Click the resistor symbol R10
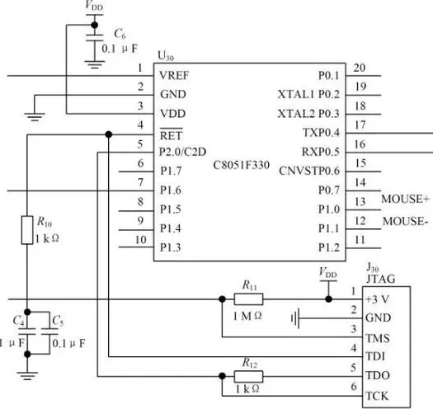click(27, 230)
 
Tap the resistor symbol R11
click(248, 299)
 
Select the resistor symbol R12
click(248, 376)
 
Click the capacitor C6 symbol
click(95, 38)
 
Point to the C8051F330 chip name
click(241, 165)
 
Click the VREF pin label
click(174, 75)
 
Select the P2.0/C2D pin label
click(182, 152)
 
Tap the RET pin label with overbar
click(172, 134)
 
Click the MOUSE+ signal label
click(405, 199)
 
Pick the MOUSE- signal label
click(405, 221)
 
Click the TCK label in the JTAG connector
click(377, 396)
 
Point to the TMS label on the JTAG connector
click(377, 338)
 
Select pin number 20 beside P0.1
click(360, 68)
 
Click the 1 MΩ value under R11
click(247, 316)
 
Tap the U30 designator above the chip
click(166, 56)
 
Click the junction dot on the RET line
click(109, 134)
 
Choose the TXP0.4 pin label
click(321, 133)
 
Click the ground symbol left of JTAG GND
click(295, 318)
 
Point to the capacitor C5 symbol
click(49, 331)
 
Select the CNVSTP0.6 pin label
click(309, 171)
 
